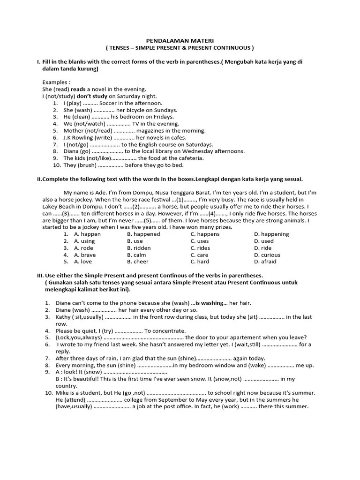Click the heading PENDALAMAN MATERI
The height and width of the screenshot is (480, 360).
point(180,41)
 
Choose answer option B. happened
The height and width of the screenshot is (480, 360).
point(143,234)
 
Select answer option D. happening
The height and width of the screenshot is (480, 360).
point(271,234)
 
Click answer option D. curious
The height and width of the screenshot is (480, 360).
point(267,255)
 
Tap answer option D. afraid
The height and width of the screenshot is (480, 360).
point(265,262)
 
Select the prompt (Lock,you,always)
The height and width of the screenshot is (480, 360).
point(78,337)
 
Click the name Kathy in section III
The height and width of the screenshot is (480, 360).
point(63,317)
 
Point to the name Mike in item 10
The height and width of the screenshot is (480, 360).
point(62,393)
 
